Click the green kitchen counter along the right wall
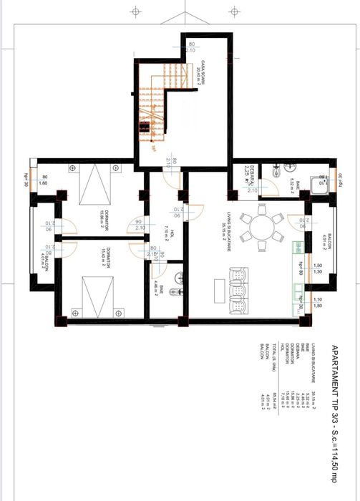tap(296, 276)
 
